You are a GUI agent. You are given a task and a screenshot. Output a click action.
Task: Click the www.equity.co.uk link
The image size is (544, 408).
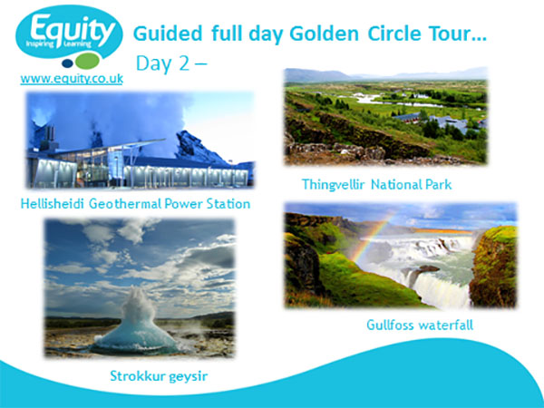(x=72, y=79)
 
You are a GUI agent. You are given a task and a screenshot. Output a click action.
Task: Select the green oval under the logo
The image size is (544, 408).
(x=87, y=61)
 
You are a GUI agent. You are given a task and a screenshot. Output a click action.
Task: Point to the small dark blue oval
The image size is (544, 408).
(x=67, y=63)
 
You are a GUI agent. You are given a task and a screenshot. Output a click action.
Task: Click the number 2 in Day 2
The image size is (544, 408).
(x=183, y=63)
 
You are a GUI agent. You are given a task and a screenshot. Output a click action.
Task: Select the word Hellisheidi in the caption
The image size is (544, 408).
(x=52, y=203)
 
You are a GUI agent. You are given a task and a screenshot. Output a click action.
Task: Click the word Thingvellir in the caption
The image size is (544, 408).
(x=333, y=185)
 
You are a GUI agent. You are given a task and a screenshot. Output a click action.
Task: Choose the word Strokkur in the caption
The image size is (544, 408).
(x=138, y=375)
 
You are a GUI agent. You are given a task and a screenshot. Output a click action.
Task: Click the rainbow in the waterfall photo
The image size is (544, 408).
(x=371, y=239)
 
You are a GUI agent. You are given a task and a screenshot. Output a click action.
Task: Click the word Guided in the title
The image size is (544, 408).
(x=168, y=34)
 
